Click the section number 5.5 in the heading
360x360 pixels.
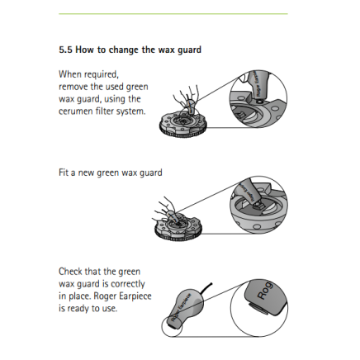pos(66,50)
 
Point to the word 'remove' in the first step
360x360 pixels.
pos(72,86)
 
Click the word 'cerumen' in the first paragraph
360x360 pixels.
pos(74,109)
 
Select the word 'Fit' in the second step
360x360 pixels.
pos(63,173)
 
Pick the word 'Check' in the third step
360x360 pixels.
pos(71,271)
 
